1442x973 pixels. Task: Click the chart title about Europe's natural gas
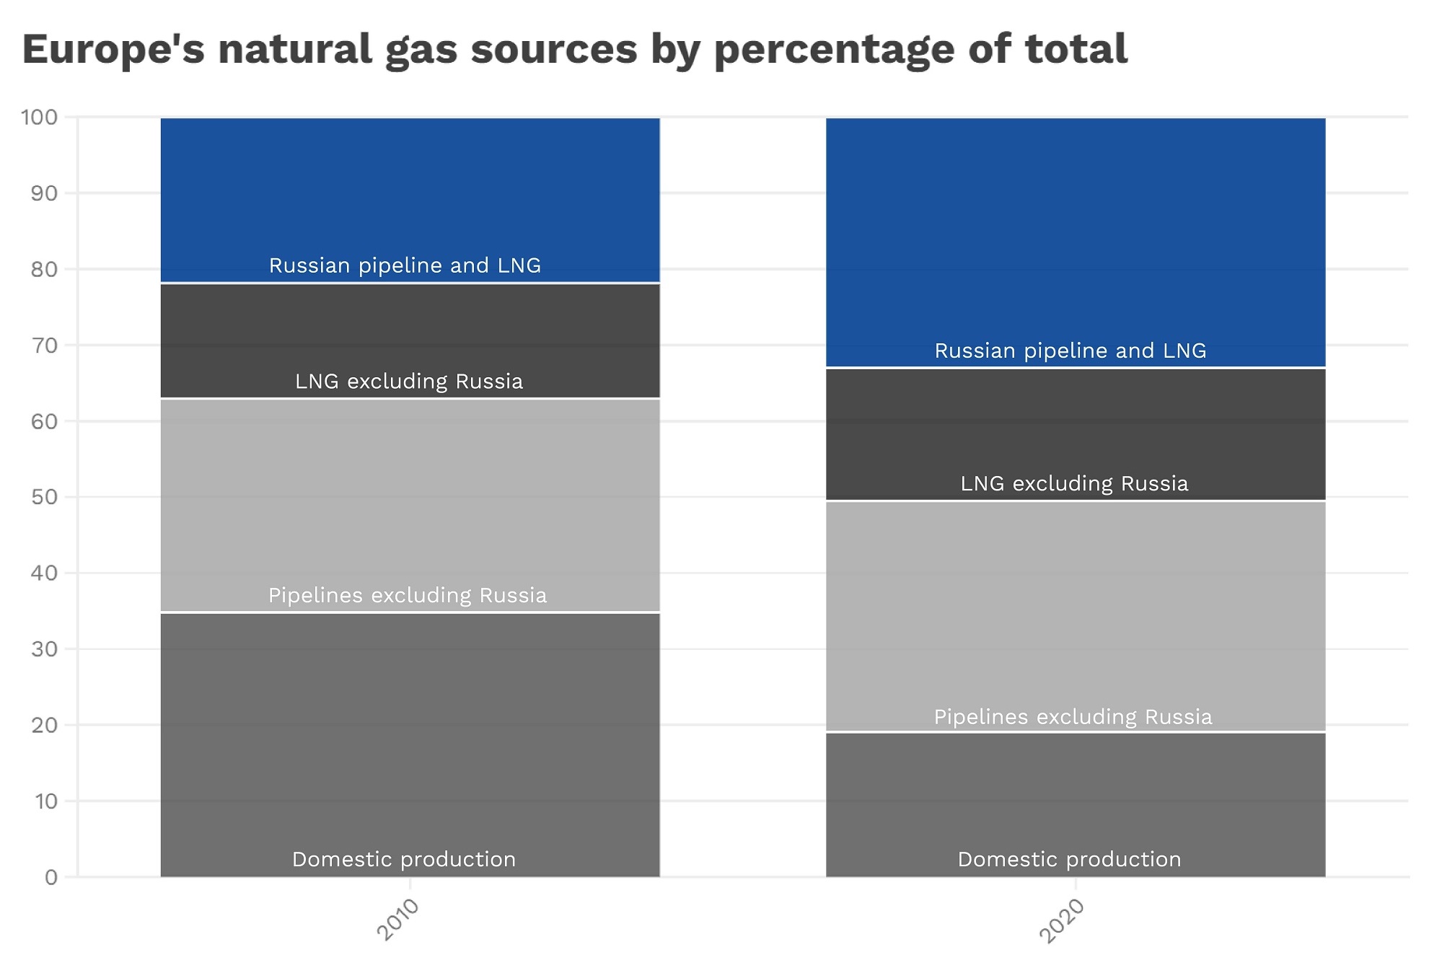point(574,49)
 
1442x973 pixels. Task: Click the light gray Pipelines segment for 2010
point(410,498)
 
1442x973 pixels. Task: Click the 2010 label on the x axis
point(397,920)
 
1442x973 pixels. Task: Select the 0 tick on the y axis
point(50,877)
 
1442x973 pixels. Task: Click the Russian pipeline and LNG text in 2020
point(1070,351)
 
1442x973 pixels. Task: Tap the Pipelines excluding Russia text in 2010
point(408,595)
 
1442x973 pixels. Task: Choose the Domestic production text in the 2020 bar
point(1069,859)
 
